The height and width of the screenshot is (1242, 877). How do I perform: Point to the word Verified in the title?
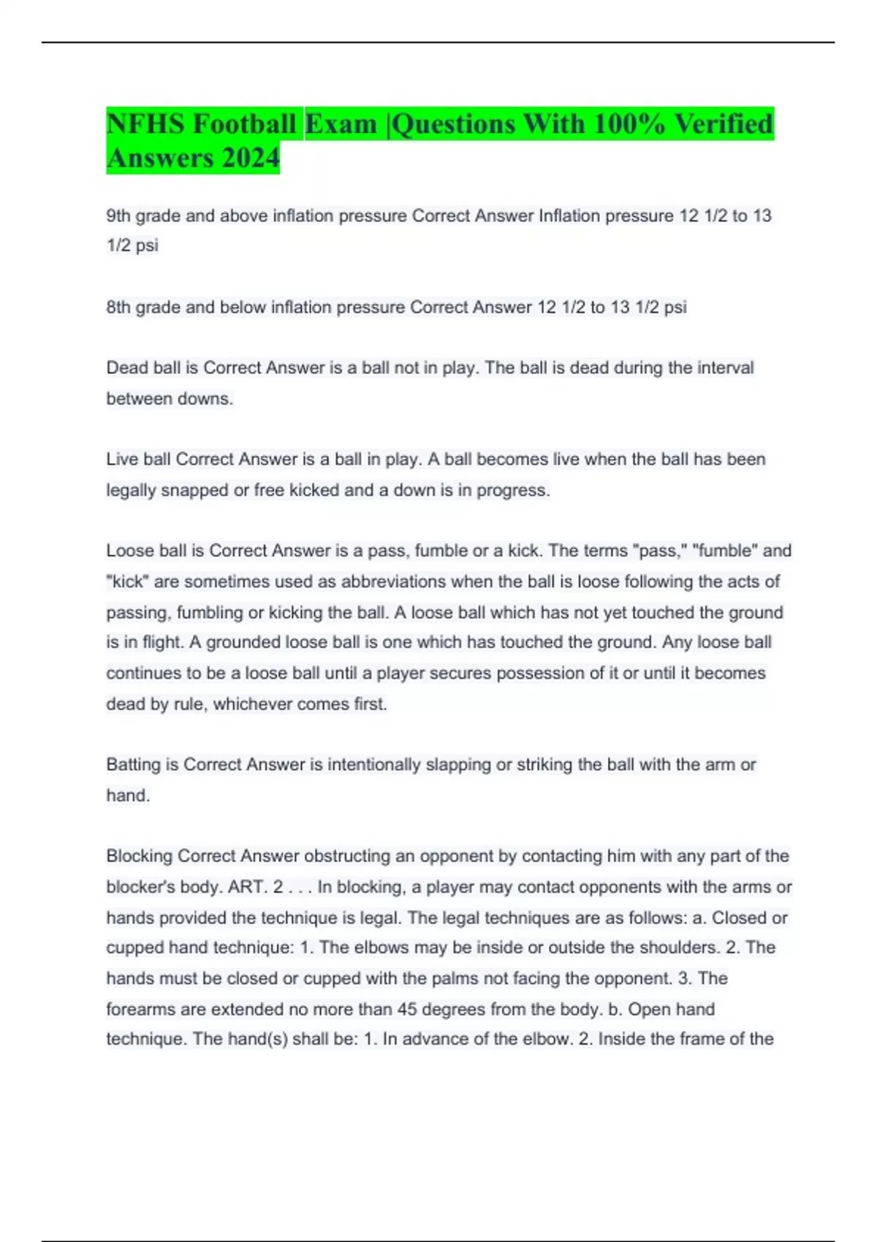(723, 124)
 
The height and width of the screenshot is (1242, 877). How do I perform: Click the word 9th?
(118, 216)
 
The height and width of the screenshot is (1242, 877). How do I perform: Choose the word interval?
(719, 368)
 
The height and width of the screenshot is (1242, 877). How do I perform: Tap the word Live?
(121, 460)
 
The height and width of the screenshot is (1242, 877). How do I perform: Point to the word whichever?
(252, 705)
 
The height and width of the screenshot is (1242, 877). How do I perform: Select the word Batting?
(132, 765)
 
